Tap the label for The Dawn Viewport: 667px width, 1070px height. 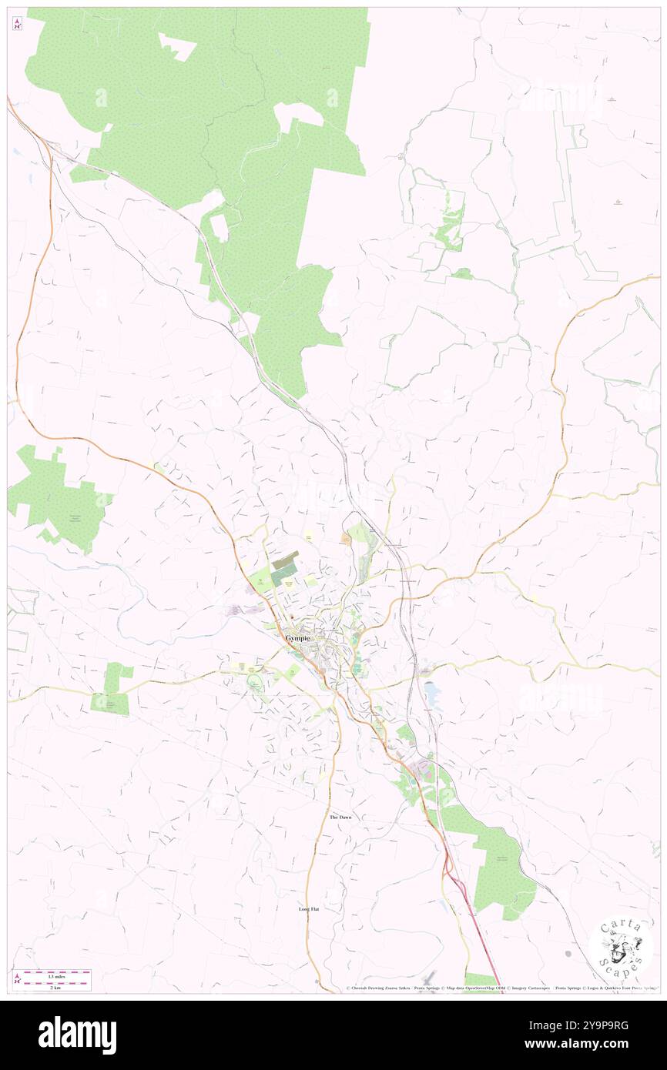(x=340, y=817)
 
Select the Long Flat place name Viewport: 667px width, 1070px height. (x=309, y=909)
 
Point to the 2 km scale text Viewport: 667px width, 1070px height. (x=52, y=986)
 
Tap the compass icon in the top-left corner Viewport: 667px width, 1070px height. (x=17, y=24)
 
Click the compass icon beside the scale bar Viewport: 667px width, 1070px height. (x=17, y=980)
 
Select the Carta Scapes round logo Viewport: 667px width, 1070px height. (x=621, y=946)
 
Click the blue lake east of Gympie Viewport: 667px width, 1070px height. (x=432, y=694)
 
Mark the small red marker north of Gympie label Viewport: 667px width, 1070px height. (x=292, y=617)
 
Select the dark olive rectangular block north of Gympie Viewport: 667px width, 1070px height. (x=284, y=561)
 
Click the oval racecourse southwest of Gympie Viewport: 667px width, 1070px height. (x=255, y=683)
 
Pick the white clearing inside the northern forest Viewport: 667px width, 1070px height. (x=177, y=48)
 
